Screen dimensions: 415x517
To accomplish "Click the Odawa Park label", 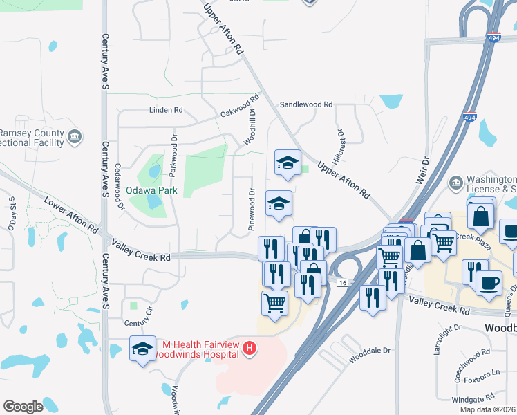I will point(151,190).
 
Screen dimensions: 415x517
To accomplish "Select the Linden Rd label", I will point(166,110).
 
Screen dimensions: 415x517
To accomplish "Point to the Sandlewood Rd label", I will point(305,104).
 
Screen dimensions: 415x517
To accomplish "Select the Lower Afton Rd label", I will point(70,214).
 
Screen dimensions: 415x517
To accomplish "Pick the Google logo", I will point(23,407).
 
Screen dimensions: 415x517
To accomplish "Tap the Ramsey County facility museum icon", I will point(75,138).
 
